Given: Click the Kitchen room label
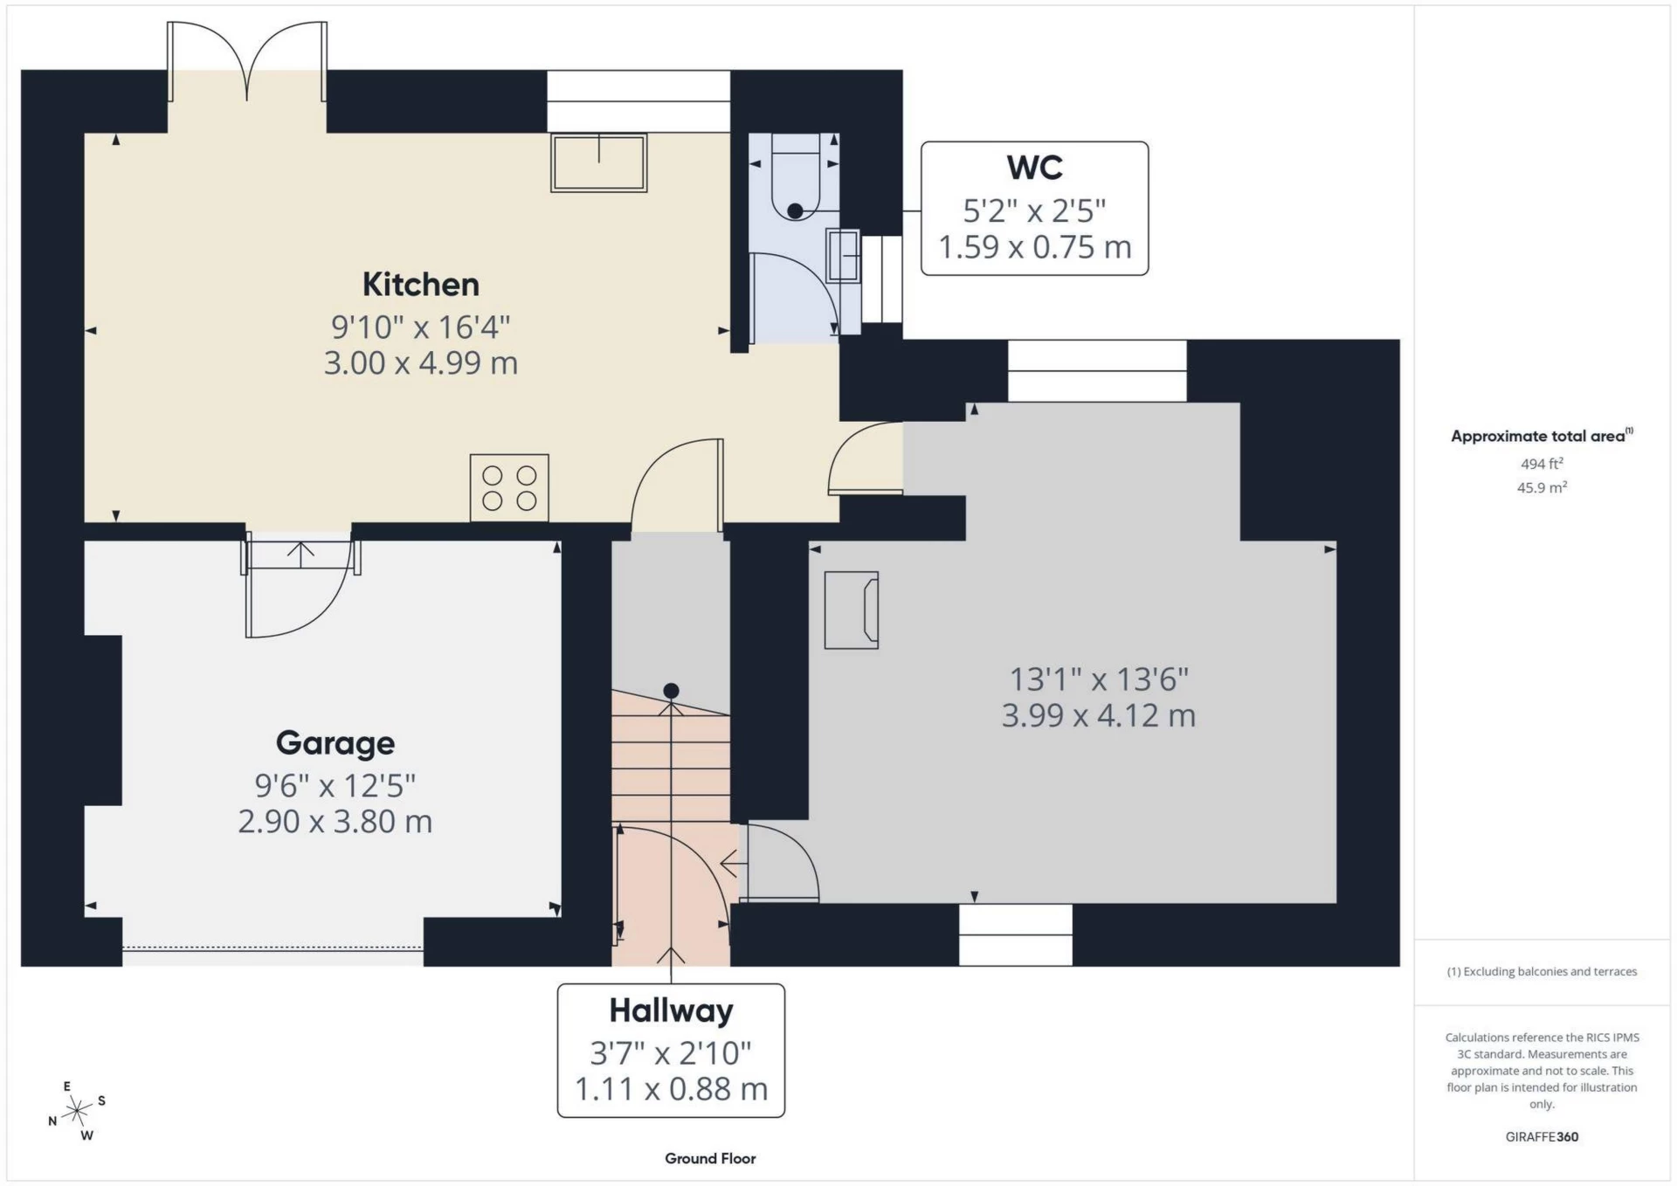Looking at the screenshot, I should coord(420,284).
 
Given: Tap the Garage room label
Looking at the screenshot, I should coord(335,742).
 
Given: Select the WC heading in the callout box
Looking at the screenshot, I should coord(1034,167).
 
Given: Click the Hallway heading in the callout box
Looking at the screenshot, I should coord(671,1010).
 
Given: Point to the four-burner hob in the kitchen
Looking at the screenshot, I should coord(509,487).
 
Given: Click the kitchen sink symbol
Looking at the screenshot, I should coord(598,162).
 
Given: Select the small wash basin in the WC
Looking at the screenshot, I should coord(843,254).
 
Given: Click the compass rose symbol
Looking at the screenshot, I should coord(78,1111).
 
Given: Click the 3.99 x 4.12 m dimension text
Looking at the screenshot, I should coord(1098,716).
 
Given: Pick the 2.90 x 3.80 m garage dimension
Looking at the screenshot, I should coord(335,822).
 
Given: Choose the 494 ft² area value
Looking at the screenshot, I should coord(1542,464).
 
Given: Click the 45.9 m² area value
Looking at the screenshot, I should coord(1542,487).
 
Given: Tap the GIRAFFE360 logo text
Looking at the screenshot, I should coord(1542,1136).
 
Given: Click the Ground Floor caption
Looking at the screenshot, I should coord(710,1158).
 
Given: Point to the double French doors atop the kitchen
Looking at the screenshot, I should coord(247,61).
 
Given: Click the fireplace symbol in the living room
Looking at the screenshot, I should coord(852,610).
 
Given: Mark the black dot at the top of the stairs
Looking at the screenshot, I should coord(671,691).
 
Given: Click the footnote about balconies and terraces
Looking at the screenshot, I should coord(1542,971).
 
